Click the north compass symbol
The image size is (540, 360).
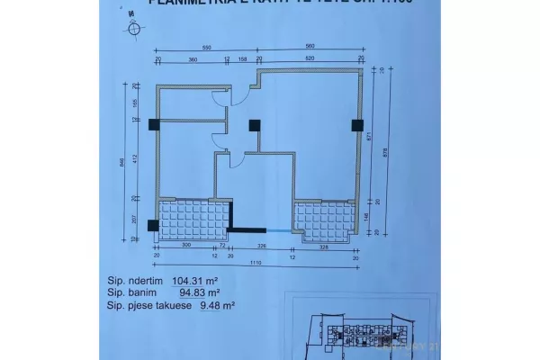pyautogui.click(x=134, y=27)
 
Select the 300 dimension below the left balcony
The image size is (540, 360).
pyautogui.click(x=187, y=246)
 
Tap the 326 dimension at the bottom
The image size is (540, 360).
pyautogui.click(x=262, y=246)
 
